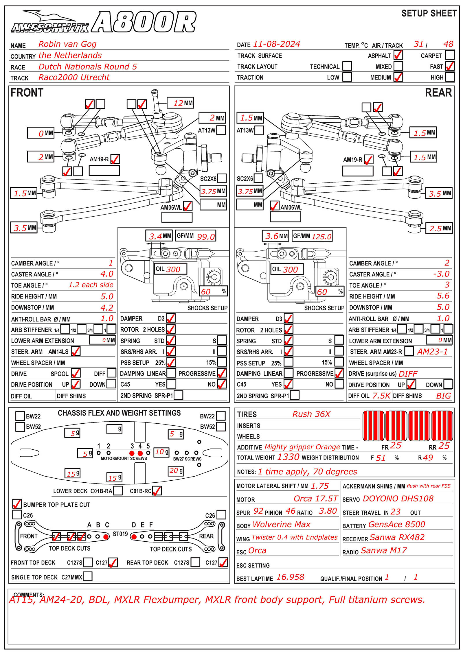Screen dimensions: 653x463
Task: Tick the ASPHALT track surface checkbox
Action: click(398, 55)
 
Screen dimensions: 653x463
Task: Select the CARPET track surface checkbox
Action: click(450, 55)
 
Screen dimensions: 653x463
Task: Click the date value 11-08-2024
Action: click(276, 44)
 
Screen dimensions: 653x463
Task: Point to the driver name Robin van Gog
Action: click(67, 44)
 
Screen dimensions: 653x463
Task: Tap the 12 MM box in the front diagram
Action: click(180, 103)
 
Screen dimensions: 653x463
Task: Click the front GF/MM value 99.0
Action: click(206, 237)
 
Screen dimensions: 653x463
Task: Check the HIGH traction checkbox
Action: click(450, 77)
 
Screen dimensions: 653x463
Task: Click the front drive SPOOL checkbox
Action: click(76, 373)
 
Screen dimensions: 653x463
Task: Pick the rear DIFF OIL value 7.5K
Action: click(381, 396)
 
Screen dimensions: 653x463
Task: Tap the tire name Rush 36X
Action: click(311, 414)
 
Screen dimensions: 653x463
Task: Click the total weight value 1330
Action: click(288, 457)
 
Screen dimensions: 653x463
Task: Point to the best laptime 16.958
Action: click(290, 577)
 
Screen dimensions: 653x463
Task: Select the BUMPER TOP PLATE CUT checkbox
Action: click(17, 504)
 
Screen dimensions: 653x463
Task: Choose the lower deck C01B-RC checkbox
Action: click(157, 491)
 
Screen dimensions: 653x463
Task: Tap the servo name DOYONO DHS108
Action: click(398, 499)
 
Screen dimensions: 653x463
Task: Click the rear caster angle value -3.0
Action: click(441, 274)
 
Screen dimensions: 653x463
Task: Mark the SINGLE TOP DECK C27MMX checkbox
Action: click(88, 576)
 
